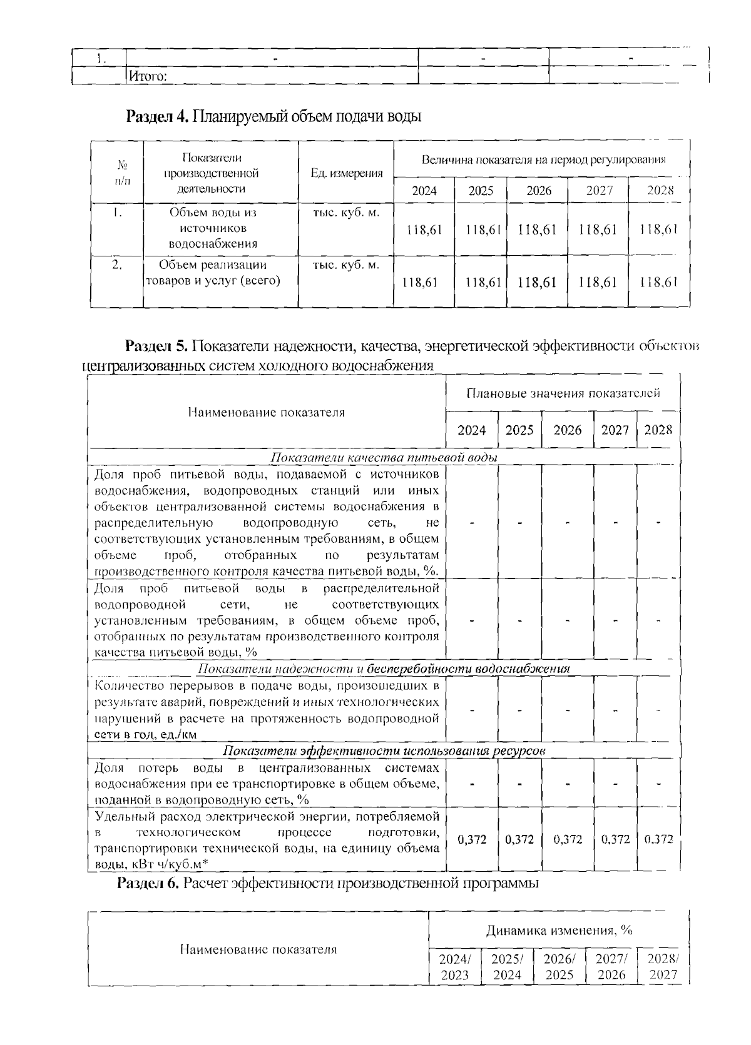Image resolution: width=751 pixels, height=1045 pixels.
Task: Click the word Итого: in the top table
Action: point(147,77)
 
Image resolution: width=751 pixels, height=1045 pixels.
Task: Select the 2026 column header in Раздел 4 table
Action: point(538,191)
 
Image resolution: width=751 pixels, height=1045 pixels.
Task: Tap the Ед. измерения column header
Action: point(347,173)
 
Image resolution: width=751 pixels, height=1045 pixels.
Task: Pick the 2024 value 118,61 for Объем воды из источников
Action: point(424,230)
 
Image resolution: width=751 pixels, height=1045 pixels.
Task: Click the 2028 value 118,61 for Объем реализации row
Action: point(659,282)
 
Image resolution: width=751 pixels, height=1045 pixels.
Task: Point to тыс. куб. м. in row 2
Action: point(346,265)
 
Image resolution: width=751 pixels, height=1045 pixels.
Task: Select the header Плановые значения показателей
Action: point(563,393)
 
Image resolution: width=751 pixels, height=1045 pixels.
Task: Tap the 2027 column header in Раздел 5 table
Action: point(615,430)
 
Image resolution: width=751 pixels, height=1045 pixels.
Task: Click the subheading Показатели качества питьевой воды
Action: point(384,458)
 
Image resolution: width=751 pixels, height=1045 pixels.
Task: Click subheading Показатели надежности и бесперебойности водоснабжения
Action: point(384,669)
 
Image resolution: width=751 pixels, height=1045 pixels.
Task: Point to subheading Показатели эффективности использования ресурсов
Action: point(384,751)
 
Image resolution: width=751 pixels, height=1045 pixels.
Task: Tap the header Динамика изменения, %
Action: point(559,930)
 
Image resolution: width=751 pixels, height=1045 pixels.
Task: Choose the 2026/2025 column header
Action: point(559,966)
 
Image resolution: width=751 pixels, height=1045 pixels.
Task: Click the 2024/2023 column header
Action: point(455,966)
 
